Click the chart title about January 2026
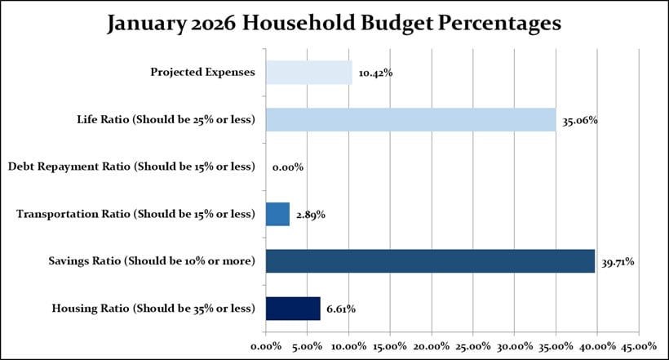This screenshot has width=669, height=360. pos(334,24)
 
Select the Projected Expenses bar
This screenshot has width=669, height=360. pos(309,73)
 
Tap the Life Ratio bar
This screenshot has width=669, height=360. pos(410,120)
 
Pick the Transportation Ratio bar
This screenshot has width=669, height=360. pos(277,214)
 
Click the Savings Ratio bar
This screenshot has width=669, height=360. pos(430,261)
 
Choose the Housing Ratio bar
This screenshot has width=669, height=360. pos(293,309)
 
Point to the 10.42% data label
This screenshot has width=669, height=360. pos(375,73)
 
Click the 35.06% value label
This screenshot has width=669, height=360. pos(579,121)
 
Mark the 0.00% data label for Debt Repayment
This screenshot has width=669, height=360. pos(288,167)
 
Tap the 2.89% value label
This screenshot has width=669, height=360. pos(309,215)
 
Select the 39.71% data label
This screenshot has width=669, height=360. pos(618,262)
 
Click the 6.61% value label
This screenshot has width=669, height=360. pos(340,309)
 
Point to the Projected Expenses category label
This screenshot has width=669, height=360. pos(202,73)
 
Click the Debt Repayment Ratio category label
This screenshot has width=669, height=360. pos(131,167)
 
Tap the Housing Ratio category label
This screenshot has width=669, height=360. pos(153,309)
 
